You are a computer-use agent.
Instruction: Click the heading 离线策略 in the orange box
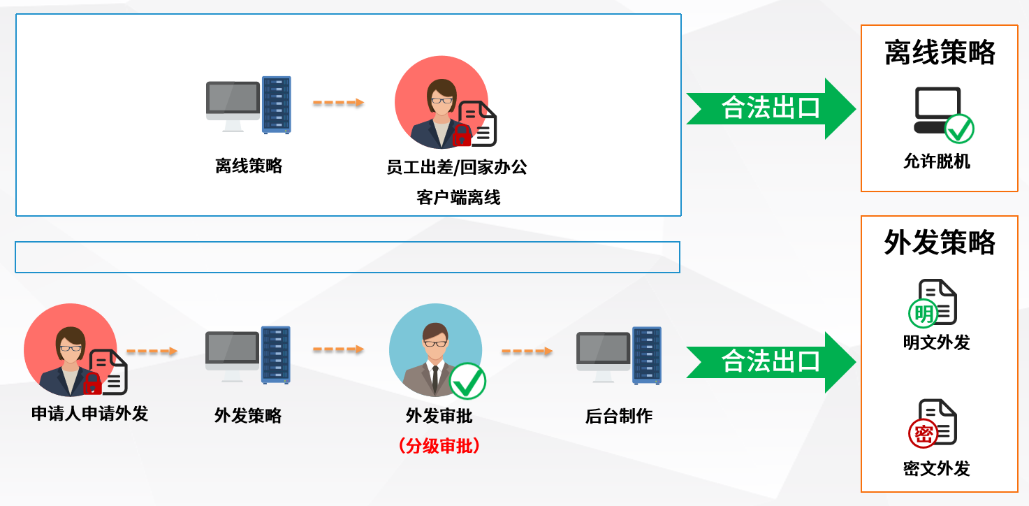(x=940, y=53)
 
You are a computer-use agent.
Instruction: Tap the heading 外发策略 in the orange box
(x=940, y=243)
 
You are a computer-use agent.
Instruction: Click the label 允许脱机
(x=937, y=161)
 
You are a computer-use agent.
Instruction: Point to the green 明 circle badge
(x=923, y=313)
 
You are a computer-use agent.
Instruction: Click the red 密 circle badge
(x=923, y=433)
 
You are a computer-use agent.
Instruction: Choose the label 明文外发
(x=937, y=342)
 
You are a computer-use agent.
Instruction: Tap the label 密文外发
(x=937, y=468)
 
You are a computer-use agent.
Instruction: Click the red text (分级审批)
(x=439, y=446)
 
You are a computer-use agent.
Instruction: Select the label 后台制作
(x=619, y=416)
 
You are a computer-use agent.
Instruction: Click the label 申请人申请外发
(x=89, y=414)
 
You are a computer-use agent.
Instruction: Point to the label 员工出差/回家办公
(x=457, y=167)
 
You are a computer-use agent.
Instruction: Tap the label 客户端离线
(x=458, y=198)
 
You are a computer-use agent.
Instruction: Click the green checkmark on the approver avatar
(x=467, y=381)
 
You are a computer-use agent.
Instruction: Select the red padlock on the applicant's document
(x=92, y=383)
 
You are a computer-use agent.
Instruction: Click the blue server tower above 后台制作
(x=647, y=355)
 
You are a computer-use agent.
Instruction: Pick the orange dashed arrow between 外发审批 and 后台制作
(x=527, y=351)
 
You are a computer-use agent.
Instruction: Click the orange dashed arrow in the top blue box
(x=339, y=103)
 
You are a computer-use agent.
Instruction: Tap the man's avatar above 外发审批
(x=435, y=350)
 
